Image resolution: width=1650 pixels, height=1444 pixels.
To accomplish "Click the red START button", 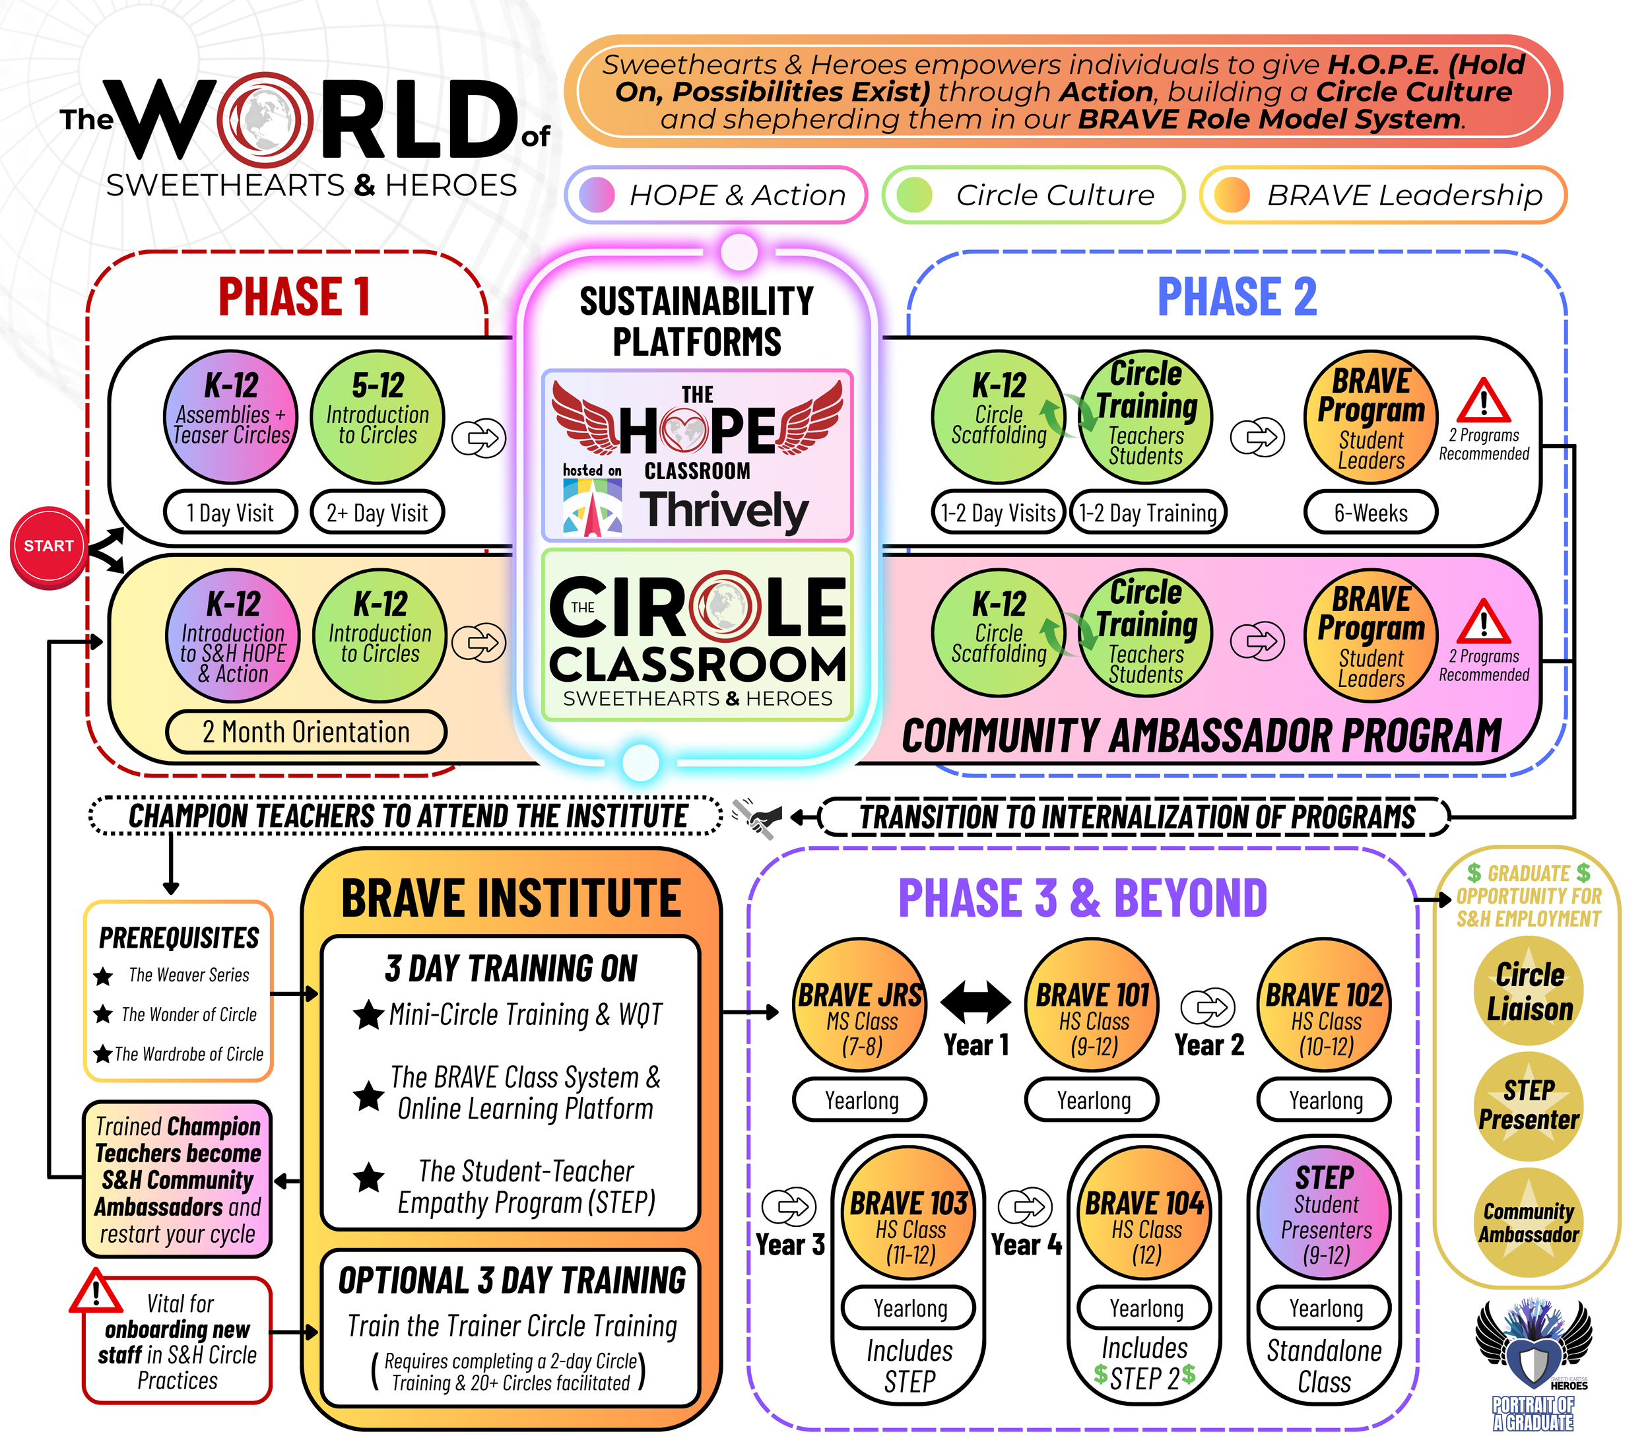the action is [48, 546].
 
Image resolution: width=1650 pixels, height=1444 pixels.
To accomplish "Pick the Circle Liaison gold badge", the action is [1529, 991].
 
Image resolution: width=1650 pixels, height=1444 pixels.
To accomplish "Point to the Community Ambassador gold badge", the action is [1529, 1222].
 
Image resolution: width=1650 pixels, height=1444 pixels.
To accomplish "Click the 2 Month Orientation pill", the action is [306, 732].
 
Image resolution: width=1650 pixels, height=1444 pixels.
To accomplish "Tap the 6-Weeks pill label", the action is [1370, 513].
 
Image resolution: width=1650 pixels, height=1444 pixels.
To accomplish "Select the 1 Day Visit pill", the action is [230, 513].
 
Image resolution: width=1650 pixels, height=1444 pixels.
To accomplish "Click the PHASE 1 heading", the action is [294, 296].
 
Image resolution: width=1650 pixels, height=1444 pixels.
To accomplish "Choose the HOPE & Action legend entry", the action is [716, 195].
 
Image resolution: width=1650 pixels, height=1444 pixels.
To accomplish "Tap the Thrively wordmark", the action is [723, 511].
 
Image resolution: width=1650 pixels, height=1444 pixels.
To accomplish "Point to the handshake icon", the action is [757, 817].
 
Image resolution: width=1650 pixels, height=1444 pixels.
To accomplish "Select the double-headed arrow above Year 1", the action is [975, 1002].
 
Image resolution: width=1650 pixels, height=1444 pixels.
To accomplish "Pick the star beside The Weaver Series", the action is [103, 977].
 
